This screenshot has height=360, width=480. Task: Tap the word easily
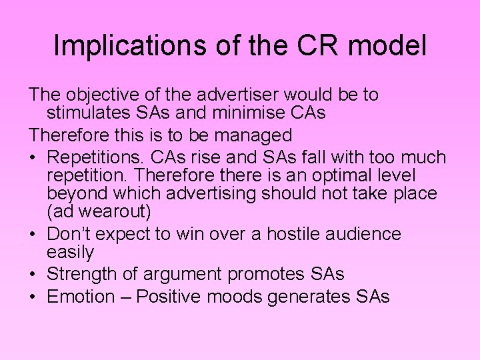(70, 252)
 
